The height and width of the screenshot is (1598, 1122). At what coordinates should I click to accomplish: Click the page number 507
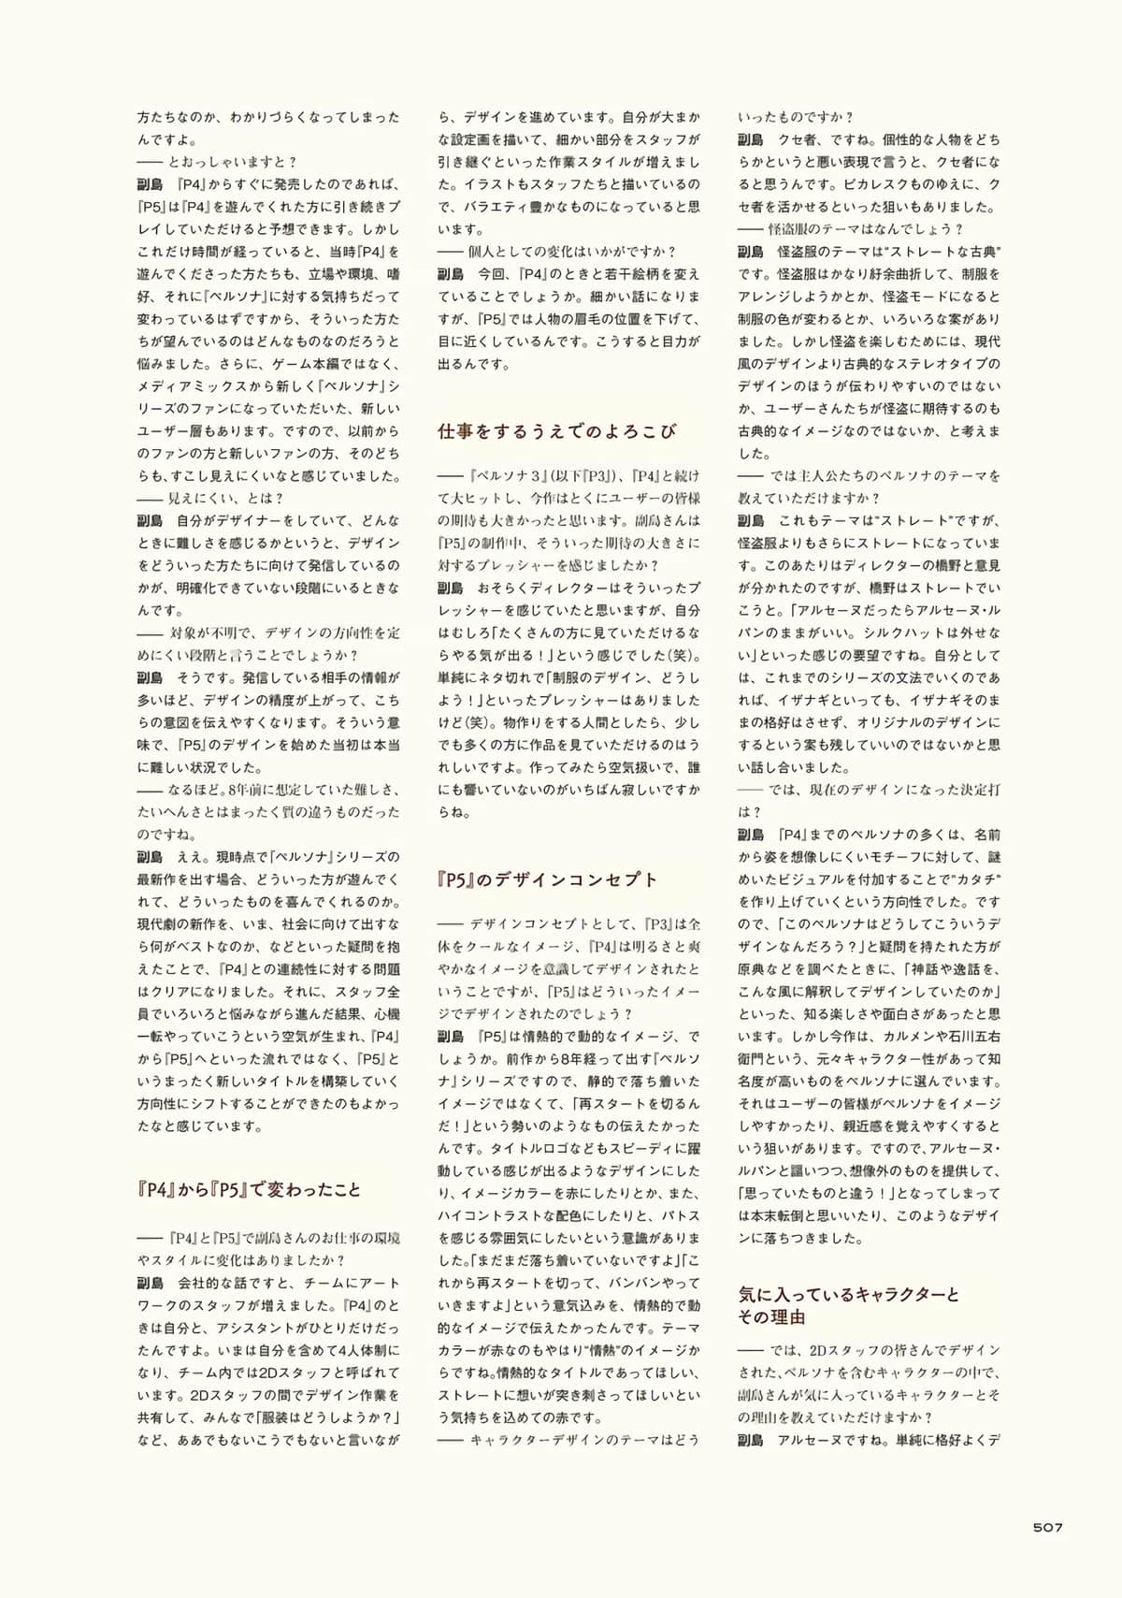click(x=1047, y=1527)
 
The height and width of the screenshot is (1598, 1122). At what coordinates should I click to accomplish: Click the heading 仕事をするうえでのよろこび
click(x=556, y=431)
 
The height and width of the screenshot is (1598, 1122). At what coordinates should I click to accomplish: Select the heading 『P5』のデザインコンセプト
click(x=548, y=879)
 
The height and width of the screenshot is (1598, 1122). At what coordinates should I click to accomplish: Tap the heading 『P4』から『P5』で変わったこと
click(x=249, y=1189)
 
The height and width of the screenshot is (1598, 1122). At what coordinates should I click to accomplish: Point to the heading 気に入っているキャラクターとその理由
click(x=849, y=1305)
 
